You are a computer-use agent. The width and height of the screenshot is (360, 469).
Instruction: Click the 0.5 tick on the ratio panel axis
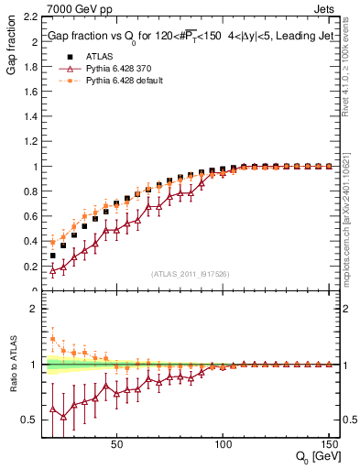[31, 420]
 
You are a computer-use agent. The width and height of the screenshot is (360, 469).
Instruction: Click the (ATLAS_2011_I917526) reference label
[190, 275]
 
